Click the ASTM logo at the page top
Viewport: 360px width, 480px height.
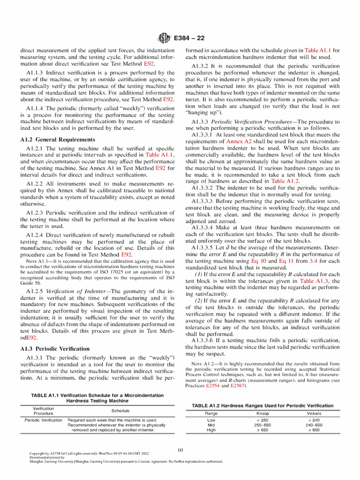164,37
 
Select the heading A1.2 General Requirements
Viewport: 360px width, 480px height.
58,140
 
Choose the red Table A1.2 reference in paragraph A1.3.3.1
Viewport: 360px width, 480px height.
285,180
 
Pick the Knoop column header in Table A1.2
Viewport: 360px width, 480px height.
262,413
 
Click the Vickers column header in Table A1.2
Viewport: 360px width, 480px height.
314,413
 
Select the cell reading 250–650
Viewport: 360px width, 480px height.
262,425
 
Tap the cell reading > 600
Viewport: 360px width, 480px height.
314,430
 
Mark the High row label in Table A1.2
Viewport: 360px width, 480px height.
211,430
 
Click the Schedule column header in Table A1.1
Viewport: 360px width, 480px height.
120,410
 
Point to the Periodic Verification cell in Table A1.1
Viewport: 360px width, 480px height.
43,420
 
